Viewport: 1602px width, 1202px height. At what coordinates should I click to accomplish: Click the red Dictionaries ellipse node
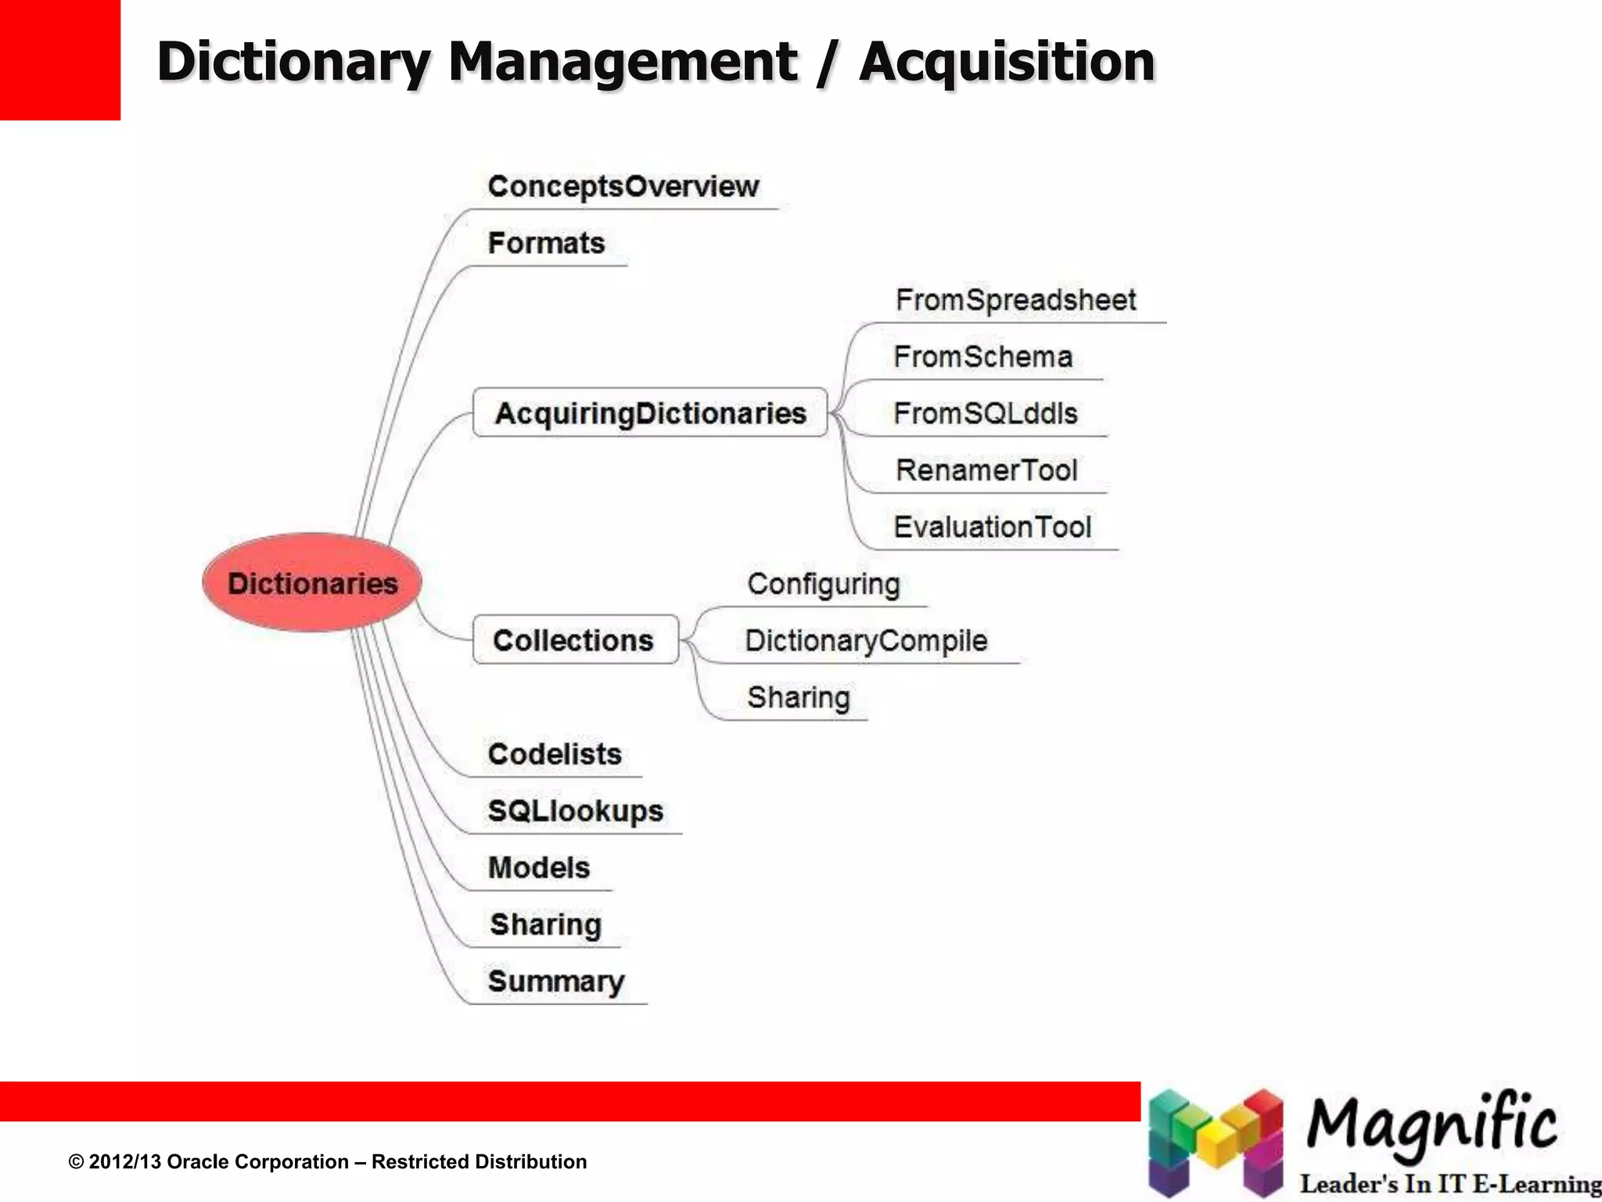click(x=311, y=583)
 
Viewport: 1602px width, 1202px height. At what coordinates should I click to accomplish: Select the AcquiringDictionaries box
click(x=650, y=412)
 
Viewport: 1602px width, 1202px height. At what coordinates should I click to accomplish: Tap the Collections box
click(x=575, y=640)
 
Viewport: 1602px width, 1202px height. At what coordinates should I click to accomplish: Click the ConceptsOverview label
click(x=623, y=186)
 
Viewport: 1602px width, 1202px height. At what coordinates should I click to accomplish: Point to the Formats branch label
click(x=546, y=243)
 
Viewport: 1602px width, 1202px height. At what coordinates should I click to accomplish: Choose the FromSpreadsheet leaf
click(x=1015, y=300)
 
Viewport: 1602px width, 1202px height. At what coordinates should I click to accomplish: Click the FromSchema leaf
click(x=982, y=357)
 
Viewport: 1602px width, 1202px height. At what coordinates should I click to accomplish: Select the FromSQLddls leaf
click(x=985, y=413)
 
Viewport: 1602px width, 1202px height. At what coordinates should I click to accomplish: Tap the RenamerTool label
click(x=986, y=470)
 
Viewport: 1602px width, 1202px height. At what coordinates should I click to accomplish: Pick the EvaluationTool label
click(x=992, y=527)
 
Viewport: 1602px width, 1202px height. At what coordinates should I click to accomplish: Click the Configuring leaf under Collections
click(x=823, y=585)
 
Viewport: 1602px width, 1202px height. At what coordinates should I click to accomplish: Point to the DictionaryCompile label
click(x=866, y=641)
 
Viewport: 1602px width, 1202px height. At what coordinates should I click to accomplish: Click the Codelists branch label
click(x=555, y=754)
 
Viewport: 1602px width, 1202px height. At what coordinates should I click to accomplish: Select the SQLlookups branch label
click(x=575, y=812)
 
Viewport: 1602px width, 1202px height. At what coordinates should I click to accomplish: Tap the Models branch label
click(x=539, y=868)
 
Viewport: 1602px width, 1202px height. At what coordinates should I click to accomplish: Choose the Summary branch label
click(x=556, y=981)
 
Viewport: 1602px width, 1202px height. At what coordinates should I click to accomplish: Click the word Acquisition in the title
click(x=1007, y=62)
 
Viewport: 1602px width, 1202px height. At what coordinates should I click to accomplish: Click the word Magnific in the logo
click(x=1431, y=1125)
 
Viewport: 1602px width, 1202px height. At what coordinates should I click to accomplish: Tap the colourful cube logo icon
click(x=1215, y=1142)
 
